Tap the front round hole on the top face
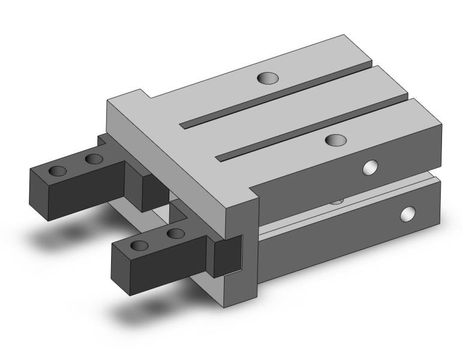(x=335, y=140)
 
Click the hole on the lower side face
(x=408, y=213)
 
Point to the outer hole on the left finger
(x=58, y=170)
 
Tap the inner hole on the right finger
(x=175, y=233)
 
